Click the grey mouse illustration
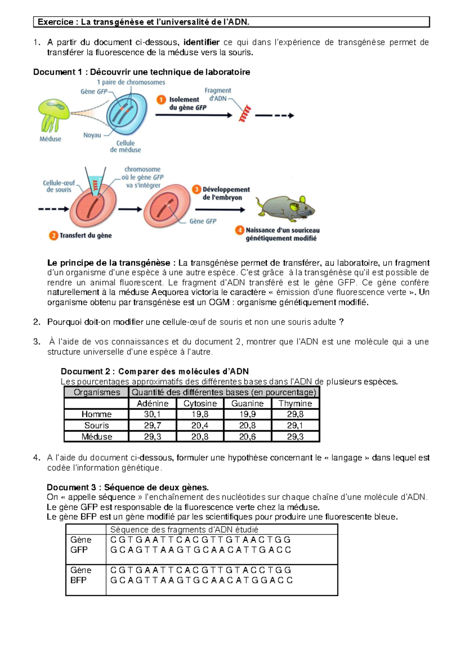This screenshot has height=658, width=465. [285, 207]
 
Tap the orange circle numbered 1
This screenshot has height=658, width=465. [161, 100]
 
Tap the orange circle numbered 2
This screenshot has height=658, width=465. [53, 235]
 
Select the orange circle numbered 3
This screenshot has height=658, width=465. [196, 189]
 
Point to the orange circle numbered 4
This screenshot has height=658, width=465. [239, 230]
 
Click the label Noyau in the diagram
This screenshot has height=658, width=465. [92, 135]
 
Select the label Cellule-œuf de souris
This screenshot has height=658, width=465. [59, 186]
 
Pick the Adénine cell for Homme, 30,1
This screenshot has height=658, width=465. [152, 414]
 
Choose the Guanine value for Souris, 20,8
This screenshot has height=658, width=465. [247, 425]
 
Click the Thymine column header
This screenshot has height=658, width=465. [295, 403]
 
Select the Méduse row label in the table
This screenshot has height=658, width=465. [96, 437]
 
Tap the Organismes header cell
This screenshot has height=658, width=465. [96, 392]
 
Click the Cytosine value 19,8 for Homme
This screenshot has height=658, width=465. [200, 414]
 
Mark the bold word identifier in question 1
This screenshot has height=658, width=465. [201, 42]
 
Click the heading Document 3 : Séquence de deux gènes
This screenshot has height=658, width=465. [127, 487]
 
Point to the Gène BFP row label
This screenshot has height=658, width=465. [81, 575]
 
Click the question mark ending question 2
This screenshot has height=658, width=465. [341, 322]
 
